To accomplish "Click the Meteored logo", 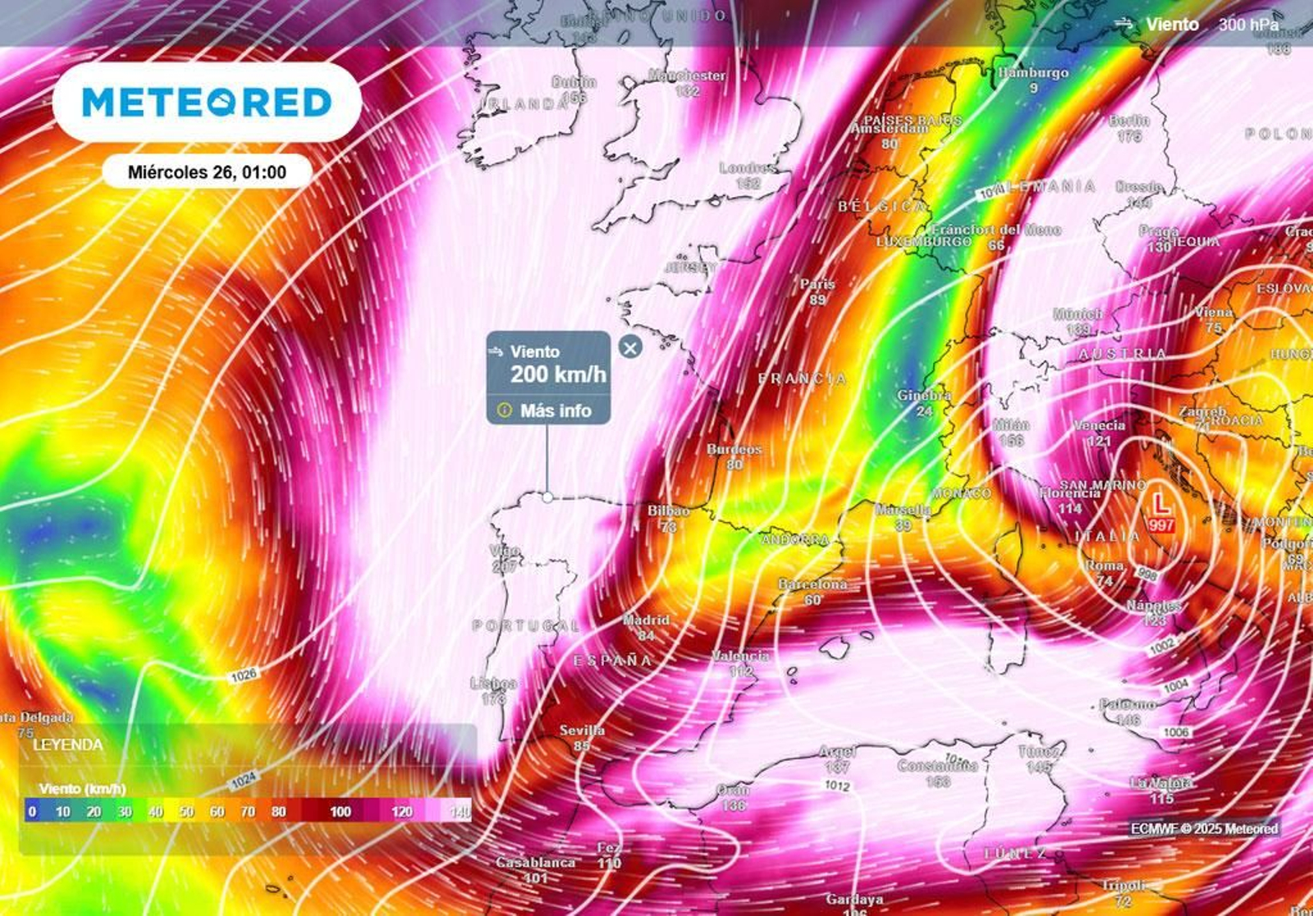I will (207, 103).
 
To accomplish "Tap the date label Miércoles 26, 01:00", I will (207, 172).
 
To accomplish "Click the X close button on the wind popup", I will (630, 348).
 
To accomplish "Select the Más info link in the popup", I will (555, 410).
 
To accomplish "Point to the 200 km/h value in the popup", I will (558, 375).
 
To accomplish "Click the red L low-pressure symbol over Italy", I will (1161, 502).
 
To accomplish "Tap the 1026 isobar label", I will (244, 676).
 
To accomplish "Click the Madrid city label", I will (646, 621).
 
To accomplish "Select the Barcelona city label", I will (812, 584).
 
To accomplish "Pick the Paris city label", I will (817, 284).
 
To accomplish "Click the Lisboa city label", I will (494, 684).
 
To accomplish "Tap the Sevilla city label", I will (582, 731).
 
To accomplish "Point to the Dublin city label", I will (574, 82).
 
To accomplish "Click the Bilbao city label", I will (668, 511).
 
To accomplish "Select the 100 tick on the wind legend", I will (341, 812).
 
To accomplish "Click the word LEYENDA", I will (68, 745).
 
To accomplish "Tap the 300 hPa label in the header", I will (1247, 25).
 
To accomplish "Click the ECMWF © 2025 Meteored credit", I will (1204, 829).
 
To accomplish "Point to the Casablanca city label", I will (535, 863).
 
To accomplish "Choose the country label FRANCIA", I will (802, 378).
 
